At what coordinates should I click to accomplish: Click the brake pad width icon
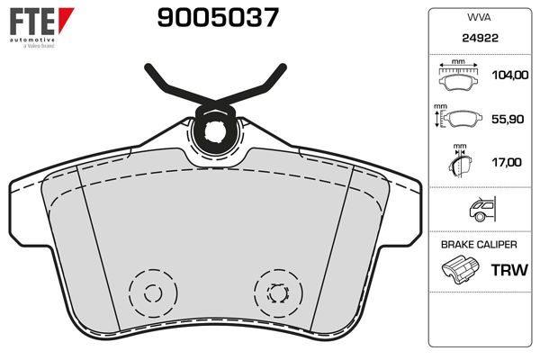tap(459, 77)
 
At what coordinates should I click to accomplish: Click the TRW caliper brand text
tap(508, 269)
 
